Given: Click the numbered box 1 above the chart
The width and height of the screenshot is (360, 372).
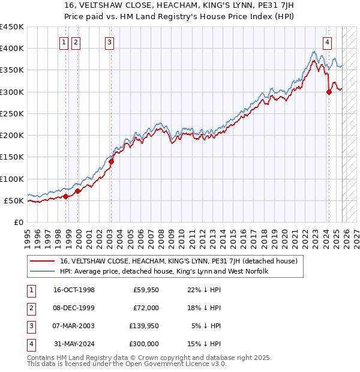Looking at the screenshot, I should pos(64,42).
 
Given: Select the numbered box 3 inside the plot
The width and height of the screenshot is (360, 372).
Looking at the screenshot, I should pos(110,42).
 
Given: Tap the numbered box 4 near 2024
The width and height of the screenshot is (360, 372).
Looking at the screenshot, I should pos(327,42).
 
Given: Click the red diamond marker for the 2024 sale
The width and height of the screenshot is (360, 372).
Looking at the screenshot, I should pos(329,92).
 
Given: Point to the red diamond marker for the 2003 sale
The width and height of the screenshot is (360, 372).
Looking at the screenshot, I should pos(111,161).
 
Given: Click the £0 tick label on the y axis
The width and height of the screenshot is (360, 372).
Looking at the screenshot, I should pos(18,223).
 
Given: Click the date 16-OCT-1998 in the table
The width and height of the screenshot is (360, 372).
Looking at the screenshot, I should pos(74,290).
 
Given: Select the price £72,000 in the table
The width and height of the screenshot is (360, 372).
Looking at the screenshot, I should pos(146,308).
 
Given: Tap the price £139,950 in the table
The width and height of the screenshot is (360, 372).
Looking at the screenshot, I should pos(143,326).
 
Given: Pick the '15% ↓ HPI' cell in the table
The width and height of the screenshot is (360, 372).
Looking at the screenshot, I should pos(205,344).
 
